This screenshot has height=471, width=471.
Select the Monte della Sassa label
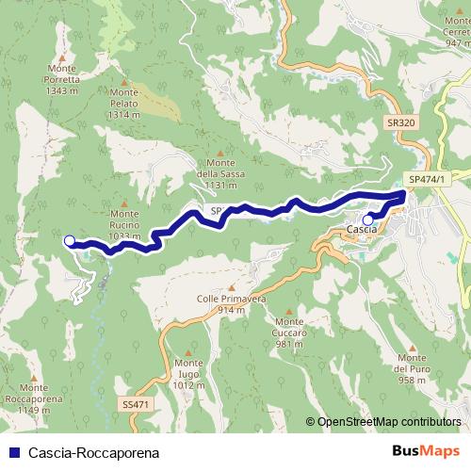pos(220,173)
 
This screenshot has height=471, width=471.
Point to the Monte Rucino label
pos(125,224)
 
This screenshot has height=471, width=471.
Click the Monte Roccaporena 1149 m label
pos(33,398)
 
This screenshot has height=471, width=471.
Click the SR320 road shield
pos(401,122)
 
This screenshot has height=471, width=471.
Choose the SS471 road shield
pos(136,403)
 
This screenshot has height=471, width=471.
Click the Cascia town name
pos(362,230)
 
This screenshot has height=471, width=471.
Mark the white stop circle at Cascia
pos(367,220)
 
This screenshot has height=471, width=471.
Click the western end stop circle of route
pos(69,240)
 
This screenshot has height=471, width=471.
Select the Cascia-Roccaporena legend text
pos(80,452)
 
